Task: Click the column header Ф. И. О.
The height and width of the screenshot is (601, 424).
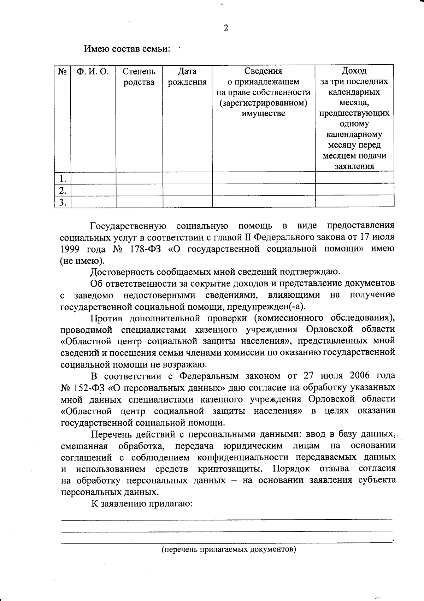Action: click(x=93, y=71)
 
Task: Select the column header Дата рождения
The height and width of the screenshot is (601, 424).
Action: click(x=187, y=77)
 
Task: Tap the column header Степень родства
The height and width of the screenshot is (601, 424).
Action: click(x=139, y=77)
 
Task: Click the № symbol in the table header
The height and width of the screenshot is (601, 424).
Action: click(x=62, y=71)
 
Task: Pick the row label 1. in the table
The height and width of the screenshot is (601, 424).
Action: click(x=63, y=178)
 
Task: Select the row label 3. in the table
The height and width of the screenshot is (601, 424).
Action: click(x=63, y=202)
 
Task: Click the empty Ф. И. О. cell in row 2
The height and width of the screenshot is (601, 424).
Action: click(x=93, y=190)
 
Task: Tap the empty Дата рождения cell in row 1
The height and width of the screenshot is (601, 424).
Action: click(x=187, y=178)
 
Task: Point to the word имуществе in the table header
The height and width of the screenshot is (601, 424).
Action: click(x=263, y=114)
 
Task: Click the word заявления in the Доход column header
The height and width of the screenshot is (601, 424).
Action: click(x=354, y=167)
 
